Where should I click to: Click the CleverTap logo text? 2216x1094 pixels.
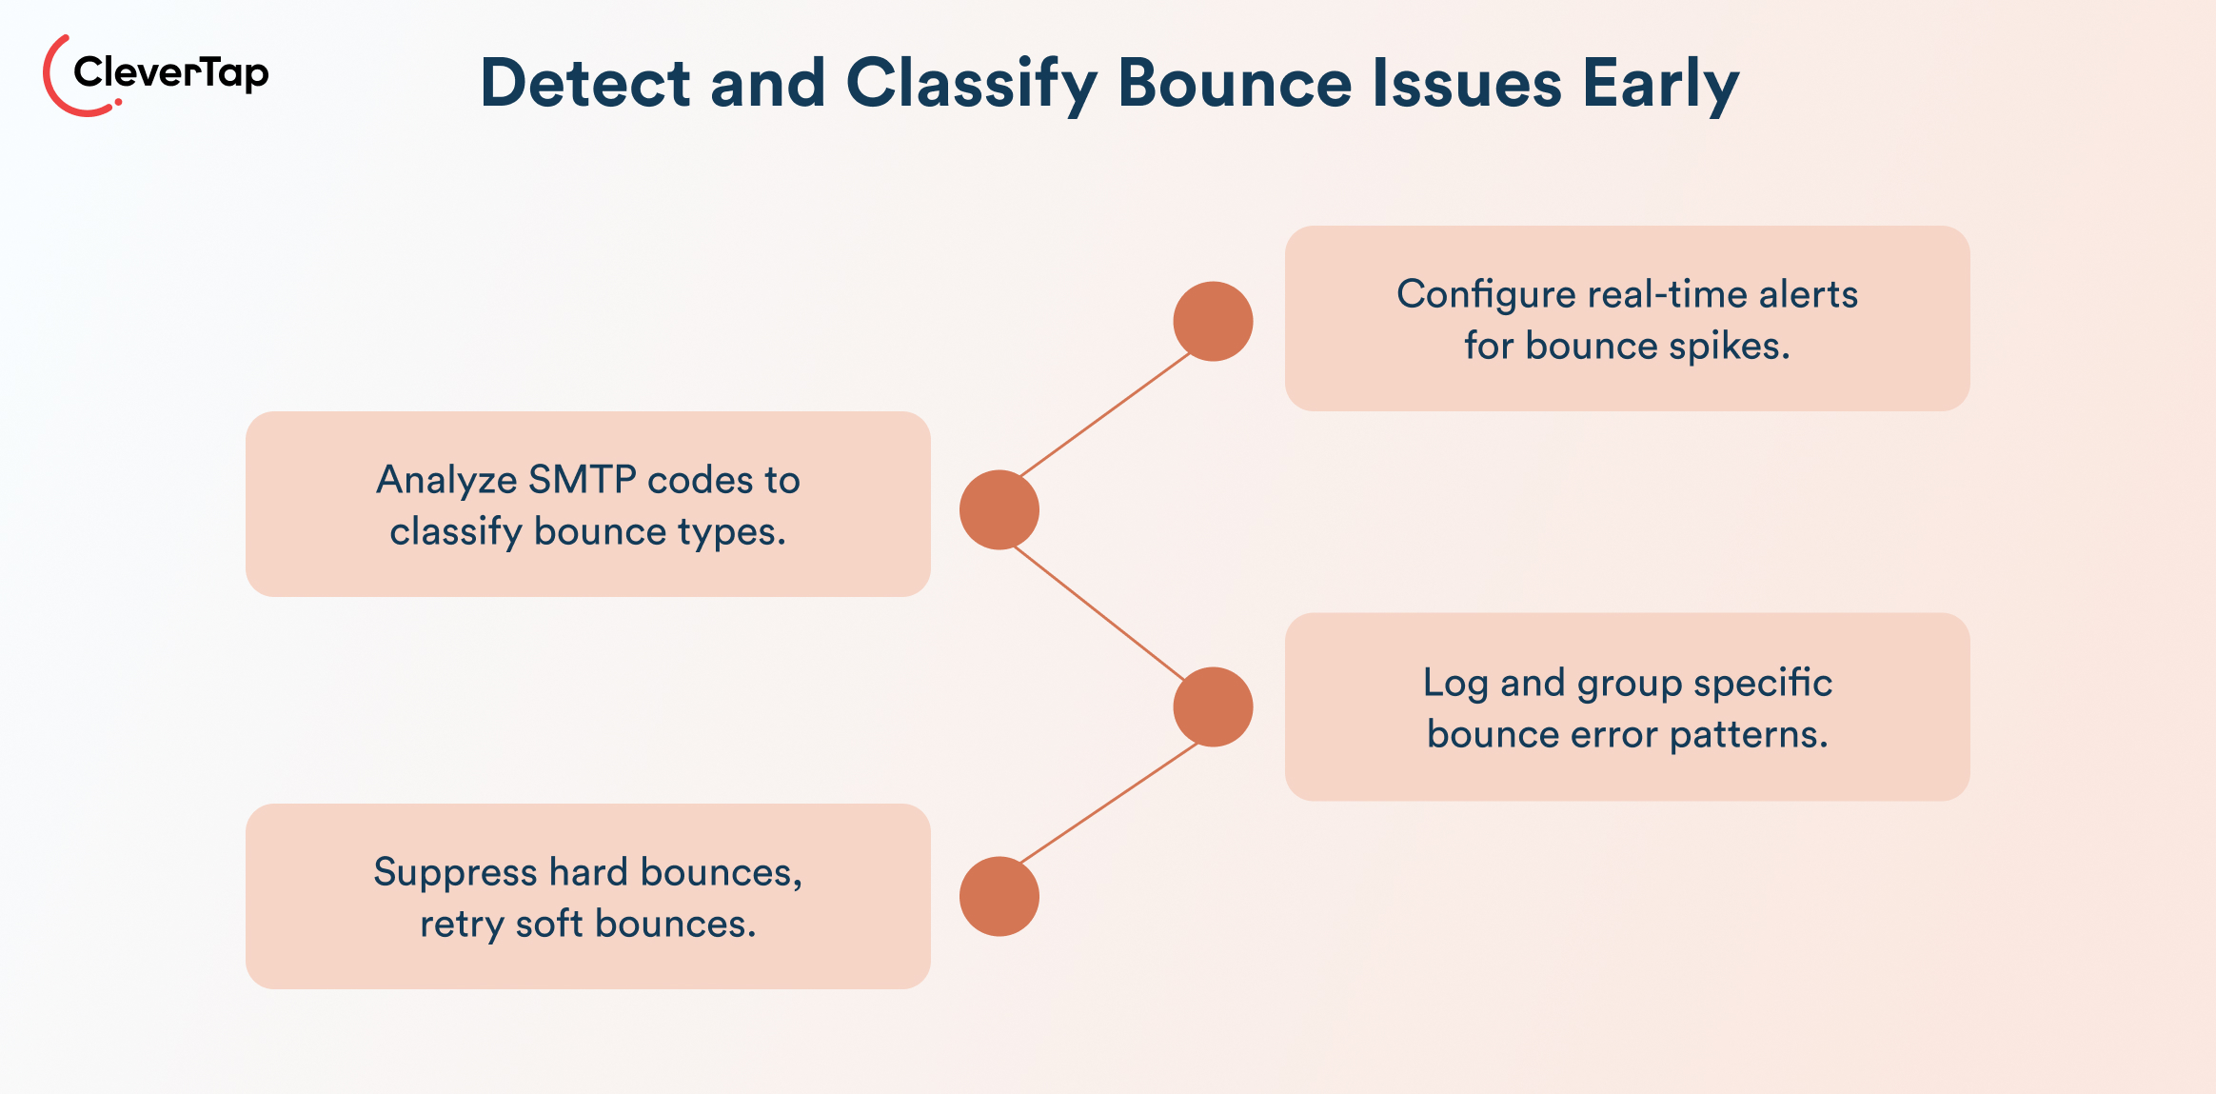click(171, 72)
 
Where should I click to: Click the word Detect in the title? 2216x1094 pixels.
click(584, 84)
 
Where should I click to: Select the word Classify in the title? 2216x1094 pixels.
click(971, 84)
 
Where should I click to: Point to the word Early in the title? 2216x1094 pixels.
click(1660, 84)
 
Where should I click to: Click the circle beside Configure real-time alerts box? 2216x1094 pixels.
click(1213, 321)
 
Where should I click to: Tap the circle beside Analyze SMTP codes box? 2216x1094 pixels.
click(999, 509)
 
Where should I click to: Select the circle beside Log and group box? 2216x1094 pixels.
click(1213, 706)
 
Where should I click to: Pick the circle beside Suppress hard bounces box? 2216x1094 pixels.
click(999, 896)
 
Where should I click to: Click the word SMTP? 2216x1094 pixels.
click(582, 480)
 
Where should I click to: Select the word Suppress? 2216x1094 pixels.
click(455, 872)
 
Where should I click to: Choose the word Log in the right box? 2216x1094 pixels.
click(1454, 684)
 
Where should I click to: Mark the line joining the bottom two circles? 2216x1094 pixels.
click(1106, 803)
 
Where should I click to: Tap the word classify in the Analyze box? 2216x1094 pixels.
click(455, 531)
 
